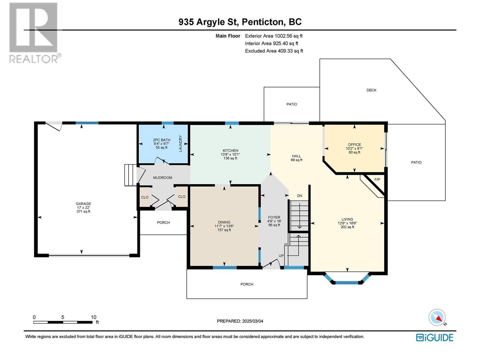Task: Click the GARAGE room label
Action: (x=83, y=204)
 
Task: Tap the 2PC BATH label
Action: (x=161, y=140)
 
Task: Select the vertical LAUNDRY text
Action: (x=180, y=144)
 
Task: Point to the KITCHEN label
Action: (x=230, y=150)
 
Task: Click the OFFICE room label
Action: (x=355, y=145)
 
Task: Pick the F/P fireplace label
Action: (x=377, y=179)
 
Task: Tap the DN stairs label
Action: (x=300, y=196)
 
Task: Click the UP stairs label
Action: (x=281, y=256)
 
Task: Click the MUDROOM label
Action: (x=163, y=178)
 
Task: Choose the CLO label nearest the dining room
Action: (x=181, y=196)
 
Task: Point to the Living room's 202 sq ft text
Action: (x=347, y=227)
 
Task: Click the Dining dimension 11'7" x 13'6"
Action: (x=224, y=226)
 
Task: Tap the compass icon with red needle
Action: (x=437, y=317)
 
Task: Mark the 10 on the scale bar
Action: (x=94, y=317)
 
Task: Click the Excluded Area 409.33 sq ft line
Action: (x=274, y=51)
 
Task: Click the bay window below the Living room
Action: (x=347, y=278)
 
